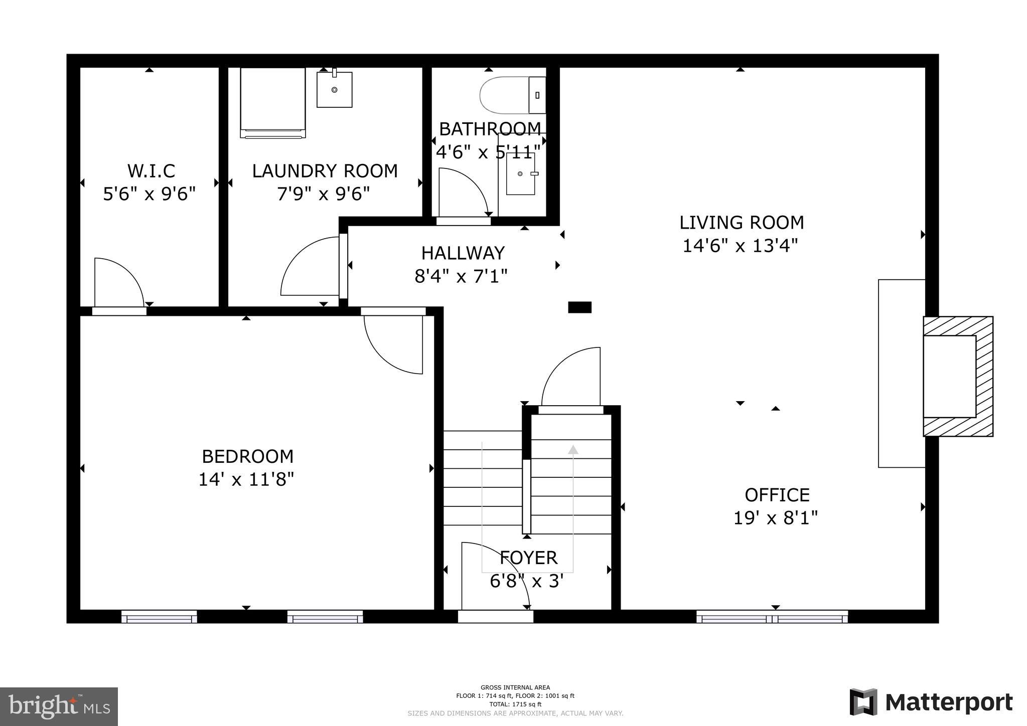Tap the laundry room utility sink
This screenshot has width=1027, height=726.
click(x=334, y=90)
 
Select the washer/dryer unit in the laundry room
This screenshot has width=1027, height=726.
click(x=272, y=102)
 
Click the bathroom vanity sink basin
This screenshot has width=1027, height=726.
click(x=520, y=174)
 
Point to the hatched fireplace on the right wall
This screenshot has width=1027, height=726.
click(x=958, y=376)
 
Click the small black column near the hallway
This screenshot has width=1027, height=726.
click(x=579, y=307)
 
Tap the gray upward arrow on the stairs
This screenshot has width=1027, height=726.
click(x=573, y=450)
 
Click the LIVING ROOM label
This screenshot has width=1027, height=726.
click(x=741, y=222)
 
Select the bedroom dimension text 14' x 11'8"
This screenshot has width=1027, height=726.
click(x=246, y=480)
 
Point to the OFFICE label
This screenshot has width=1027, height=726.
click(x=777, y=495)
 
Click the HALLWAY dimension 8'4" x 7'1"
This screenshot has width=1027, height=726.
click(x=461, y=276)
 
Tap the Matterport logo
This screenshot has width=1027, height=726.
click(x=931, y=702)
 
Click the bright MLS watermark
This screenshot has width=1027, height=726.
click(x=59, y=706)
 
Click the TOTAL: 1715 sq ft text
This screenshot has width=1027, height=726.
click(x=515, y=704)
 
